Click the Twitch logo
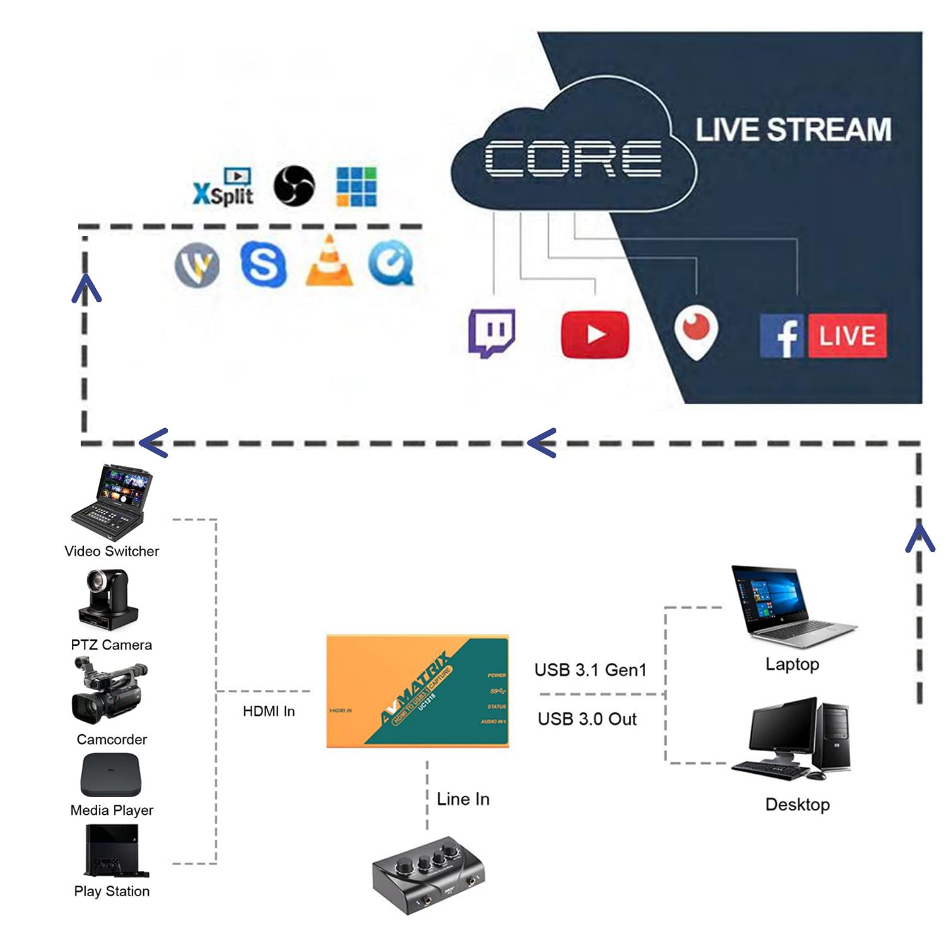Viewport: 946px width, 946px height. tap(492, 332)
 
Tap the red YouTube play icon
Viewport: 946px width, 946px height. tap(595, 334)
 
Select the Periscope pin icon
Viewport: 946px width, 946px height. tap(695, 332)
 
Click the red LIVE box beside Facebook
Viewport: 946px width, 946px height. tap(847, 336)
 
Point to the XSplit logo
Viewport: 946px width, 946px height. tap(223, 188)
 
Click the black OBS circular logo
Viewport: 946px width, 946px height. tap(294, 185)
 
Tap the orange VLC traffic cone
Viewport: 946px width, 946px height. tap(329, 262)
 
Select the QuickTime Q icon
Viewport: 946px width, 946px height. tap(392, 264)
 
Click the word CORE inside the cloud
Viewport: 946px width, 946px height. tap(573, 158)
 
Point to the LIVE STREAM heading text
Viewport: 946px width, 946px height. tap(793, 130)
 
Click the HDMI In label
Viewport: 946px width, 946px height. tap(269, 711)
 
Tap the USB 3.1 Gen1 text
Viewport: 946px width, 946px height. tap(590, 670)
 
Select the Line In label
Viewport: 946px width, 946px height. tap(463, 799)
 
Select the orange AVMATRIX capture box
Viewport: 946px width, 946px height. tap(418, 692)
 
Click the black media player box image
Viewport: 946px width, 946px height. tap(111, 775)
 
